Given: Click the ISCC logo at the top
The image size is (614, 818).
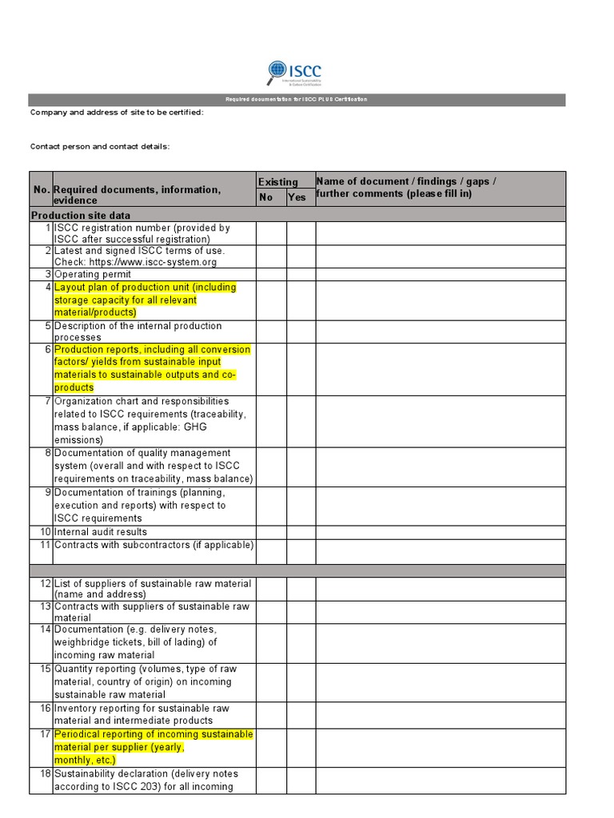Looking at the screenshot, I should point(294,72).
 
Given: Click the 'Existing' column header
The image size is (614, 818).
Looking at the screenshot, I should point(277,182).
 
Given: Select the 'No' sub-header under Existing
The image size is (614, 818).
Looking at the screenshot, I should point(266,197).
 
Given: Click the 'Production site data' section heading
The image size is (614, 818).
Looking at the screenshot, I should point(81,216).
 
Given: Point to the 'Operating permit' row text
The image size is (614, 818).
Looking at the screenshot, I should point(93,274).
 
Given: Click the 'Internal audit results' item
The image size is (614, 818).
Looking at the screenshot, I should point(101,532).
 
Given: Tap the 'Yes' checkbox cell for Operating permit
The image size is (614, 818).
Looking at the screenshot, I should point(301,274).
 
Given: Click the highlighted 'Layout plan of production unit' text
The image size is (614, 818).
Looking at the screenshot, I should point(145,300).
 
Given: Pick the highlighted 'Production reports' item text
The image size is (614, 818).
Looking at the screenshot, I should point(152,368).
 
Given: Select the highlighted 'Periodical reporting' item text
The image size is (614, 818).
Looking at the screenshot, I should point(153,747).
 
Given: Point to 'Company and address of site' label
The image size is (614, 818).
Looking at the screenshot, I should point(117,113).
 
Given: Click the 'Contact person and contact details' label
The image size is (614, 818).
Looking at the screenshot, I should point(100,146).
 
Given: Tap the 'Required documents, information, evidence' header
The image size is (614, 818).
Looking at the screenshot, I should point(137,195).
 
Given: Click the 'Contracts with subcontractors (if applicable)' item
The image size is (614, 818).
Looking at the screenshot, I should point(153,545).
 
